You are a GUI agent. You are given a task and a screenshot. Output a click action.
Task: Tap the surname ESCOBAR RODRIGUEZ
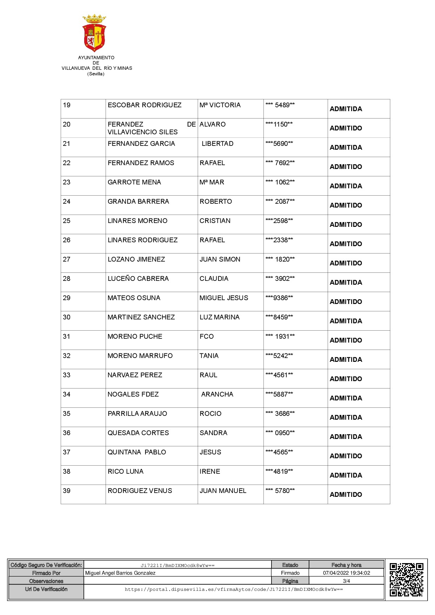click(145, 105)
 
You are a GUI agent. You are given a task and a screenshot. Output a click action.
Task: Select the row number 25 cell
click(67, 221)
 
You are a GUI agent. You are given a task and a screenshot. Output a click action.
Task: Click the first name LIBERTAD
click(217, 144)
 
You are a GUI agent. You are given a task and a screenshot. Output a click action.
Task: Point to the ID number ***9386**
click(279, 298)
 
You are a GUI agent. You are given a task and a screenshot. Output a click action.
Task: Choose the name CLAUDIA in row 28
click(214, 279)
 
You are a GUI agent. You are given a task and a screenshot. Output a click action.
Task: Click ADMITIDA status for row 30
click(346, 321)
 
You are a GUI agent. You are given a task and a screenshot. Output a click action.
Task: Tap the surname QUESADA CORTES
click(138, 433)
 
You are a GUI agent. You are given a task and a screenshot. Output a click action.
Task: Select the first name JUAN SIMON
click(220, 259)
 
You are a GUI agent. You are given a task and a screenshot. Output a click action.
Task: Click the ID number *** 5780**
click(280, 491)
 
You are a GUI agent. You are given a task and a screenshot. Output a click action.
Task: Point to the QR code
click(406, 580)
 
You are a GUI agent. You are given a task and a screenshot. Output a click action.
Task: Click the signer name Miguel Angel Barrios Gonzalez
click(120, 573)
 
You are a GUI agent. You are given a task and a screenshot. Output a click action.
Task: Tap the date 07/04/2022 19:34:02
click(346, 573)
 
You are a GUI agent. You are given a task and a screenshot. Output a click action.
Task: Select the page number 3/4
click(346, 581)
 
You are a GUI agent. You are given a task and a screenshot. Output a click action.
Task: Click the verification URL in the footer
click(234, 589)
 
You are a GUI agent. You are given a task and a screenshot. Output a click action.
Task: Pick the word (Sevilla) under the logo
click(96, 74)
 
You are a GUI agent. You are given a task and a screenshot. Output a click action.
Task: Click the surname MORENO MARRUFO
click(140, 356)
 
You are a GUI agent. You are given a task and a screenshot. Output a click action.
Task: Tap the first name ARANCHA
click(217, 394)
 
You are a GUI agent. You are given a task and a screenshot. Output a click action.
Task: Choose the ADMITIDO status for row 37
click(346, 456)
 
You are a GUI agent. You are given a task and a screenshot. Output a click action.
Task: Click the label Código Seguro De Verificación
click(46, 565)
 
